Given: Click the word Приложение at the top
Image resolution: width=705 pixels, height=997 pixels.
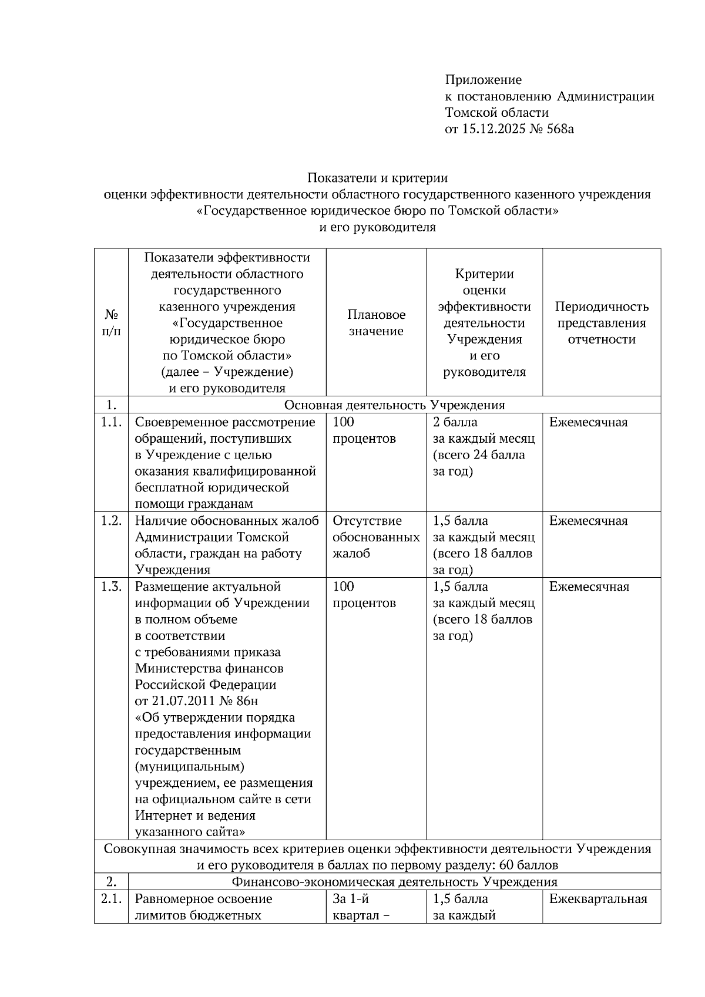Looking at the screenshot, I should point(483,80).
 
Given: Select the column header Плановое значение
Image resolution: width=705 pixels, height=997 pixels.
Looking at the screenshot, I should point(376,323).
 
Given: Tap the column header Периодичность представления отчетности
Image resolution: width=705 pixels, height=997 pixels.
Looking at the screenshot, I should point(602,323).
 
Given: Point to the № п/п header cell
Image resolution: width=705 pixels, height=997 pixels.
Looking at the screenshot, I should point(111,323).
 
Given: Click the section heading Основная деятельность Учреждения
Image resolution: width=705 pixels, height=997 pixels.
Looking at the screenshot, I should point(394,405).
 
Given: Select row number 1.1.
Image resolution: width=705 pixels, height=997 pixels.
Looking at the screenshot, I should point(111,422).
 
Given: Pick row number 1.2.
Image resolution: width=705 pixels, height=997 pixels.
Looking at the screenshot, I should point(111,521).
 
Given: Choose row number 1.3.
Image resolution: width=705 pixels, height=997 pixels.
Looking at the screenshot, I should point(111,587).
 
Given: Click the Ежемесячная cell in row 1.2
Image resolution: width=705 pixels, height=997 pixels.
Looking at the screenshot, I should point(588,521).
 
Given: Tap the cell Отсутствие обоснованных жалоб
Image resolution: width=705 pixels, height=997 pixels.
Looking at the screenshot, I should point(376,537).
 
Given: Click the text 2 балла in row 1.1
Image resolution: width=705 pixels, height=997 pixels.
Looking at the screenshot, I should point(455,422).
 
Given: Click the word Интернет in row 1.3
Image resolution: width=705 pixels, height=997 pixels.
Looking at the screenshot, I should point(162,816).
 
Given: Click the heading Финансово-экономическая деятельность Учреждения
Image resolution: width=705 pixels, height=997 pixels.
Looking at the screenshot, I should point(394,882).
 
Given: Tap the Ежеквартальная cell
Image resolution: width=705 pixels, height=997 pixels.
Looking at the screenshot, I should point(598,899).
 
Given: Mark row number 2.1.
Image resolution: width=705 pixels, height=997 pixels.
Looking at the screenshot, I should point(111,899).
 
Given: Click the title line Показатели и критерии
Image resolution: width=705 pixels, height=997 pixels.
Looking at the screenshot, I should point(377,178).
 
